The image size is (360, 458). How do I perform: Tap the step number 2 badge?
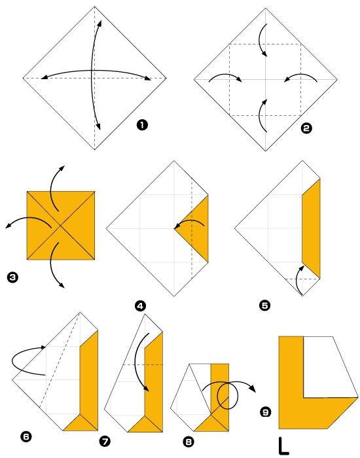(305, 129)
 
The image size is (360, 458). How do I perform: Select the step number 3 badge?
(12, 277)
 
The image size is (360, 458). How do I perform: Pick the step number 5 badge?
(264, 304)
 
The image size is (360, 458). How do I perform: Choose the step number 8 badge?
(189, 442)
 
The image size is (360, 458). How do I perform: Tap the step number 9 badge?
(265, 412)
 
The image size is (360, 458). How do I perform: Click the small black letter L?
(283, 446)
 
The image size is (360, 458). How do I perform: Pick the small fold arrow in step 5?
(299, 277)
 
